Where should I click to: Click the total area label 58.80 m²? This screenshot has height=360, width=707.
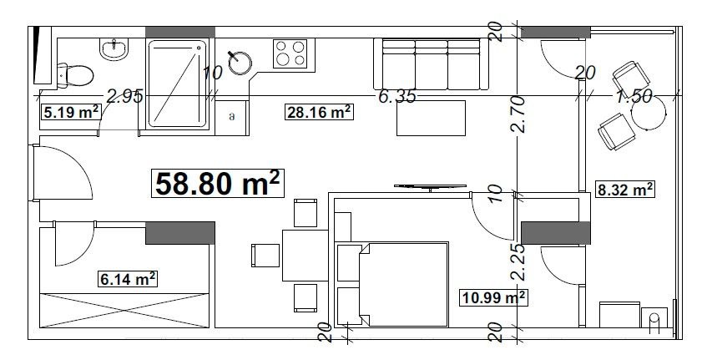point(217,183)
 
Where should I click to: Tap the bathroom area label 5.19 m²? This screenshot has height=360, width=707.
point(72,111)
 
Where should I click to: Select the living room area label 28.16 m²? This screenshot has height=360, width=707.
point(319,111)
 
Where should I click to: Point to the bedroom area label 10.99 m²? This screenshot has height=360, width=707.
point(493,297)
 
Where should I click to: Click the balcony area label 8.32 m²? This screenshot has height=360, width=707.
point(625,190)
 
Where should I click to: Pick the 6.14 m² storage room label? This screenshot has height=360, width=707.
point(128,278)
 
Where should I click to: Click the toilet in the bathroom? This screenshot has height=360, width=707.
point(75,75)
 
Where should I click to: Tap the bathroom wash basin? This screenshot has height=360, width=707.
point(114,49)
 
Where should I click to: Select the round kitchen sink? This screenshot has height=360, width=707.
point(240,63)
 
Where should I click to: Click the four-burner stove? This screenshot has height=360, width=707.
point(290,53)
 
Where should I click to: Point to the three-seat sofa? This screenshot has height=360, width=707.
point(431,64)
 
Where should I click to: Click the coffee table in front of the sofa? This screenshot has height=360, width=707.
point(431,118)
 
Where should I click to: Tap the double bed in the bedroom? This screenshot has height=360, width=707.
point(392,284)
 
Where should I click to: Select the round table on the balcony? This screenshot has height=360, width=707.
point(649,114)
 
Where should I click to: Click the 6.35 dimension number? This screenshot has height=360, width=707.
point(396,96)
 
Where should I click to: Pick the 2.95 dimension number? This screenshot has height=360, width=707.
point(124,96)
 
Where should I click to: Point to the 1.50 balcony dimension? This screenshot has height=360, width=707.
point(634,96)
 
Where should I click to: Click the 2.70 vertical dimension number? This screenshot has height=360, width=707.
point(519,114)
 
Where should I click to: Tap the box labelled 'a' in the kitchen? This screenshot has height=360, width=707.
point(232,117)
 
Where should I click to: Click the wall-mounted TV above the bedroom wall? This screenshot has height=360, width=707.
point(430,186)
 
